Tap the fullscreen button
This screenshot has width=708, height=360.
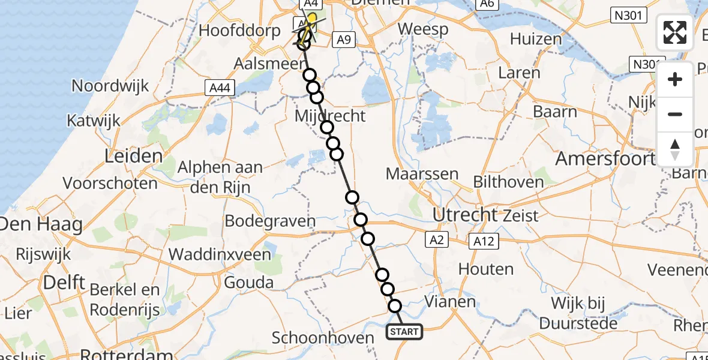[x=675, y=32]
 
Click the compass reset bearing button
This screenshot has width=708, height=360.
[x=675, y=149]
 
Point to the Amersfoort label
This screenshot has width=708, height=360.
[x=605, y=159]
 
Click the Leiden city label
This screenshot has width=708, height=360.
[x=133, y=157]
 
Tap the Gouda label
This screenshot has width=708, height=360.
[x=249, y=283]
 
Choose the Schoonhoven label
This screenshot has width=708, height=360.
[x=323, y=338]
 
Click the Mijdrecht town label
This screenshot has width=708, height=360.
[x=331, y=116]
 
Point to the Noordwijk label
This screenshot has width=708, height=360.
[x=110, y=86]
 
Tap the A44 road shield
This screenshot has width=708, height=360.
[x=219, y=88]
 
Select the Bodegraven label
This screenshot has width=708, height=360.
[x=270, y=221]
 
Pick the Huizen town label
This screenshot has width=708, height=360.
[x=536, y=40]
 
